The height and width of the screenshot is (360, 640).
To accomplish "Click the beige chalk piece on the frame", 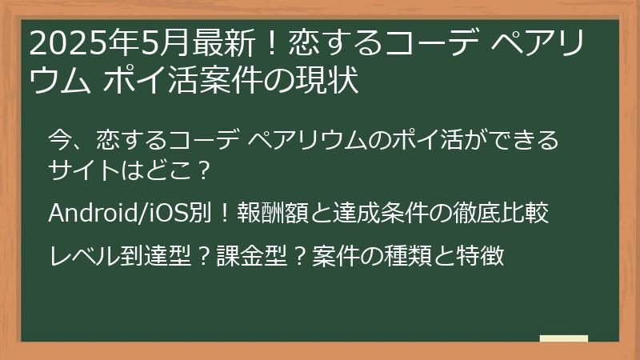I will tap(564, 338).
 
